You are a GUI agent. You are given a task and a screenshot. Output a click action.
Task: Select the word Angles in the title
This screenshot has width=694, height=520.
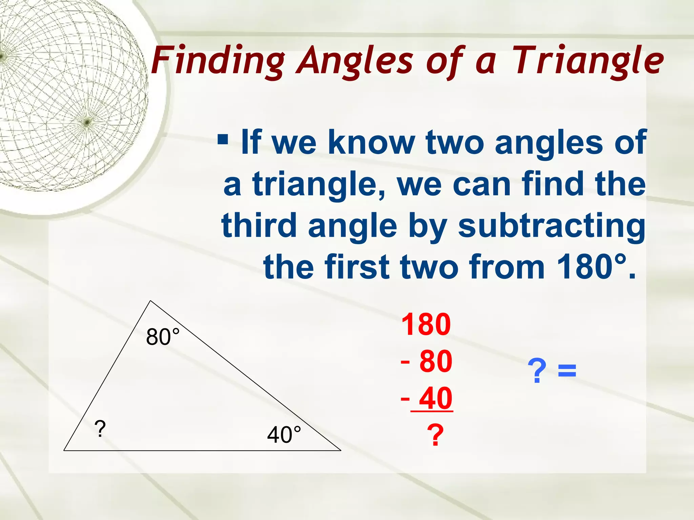(354, 61)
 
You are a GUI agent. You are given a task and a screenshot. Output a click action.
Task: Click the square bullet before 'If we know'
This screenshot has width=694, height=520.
(223, 139)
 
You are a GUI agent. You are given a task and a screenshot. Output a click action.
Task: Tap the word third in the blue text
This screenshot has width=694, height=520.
(259, 225)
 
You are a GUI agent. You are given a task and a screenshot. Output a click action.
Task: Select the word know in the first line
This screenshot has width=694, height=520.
(371, 142)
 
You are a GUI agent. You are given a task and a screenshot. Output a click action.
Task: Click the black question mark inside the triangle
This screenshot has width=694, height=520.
(100, 429)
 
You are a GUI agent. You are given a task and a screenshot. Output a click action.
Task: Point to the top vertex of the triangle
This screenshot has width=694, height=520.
(150, 301)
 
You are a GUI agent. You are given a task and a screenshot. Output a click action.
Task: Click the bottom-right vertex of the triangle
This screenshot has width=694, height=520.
(340, 450)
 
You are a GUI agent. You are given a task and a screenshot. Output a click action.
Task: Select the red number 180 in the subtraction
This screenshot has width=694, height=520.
(426, 324)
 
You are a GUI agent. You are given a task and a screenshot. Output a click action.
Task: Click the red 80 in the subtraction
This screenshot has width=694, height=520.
(435, 362)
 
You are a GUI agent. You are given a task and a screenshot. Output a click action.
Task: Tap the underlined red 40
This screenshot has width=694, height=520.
(435, 398)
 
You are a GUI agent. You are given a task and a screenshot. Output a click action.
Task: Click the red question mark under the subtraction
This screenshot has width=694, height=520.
(435, 436)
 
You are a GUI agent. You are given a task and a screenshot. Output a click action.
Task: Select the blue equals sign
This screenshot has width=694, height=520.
(567, 370)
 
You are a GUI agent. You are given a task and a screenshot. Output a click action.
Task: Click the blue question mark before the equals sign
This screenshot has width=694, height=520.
(537, 371)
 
